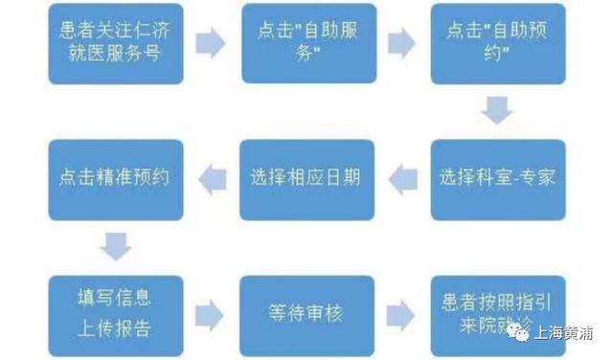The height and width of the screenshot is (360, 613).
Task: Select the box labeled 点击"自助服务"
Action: (306, 42)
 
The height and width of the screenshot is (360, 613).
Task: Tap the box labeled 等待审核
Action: (306, 313)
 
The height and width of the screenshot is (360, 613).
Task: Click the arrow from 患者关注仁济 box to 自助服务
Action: (210, 43)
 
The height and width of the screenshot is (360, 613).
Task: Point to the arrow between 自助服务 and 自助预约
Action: (401, 43)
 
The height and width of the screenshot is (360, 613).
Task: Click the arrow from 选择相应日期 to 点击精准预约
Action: (211, 176)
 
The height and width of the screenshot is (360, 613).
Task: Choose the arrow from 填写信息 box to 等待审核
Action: (210, 314)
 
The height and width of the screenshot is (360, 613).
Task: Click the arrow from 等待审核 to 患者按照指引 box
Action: (401, 314)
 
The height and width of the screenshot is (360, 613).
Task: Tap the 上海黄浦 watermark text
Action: (567, 333)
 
